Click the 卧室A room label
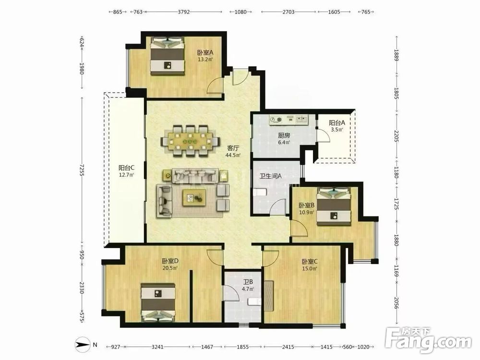pyautogui.click(x=205, y=53)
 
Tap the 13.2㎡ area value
pyautogui.click(x=205, y=60)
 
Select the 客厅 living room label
pyautogui.click(x=233, y=148)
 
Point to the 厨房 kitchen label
pyautogui.click(x=284, y=135)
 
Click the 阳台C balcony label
pyautogui.click(x=126, y=168)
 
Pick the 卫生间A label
pyautogui.click(x=271, y=176)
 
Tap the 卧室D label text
pyautogui.click(x=170, y=261)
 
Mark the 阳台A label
pyautogui.click(x=337, y=123)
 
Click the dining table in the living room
pyautogui.click(x=191, y=141)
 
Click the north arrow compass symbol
pyautogui.click(x=83, y=345)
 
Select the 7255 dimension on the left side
pyautogui.click(x=82, y=169)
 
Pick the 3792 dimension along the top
pyautogui.click(x=184, y=12)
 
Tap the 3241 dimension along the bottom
pyautogui.click(x=157, y=347)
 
